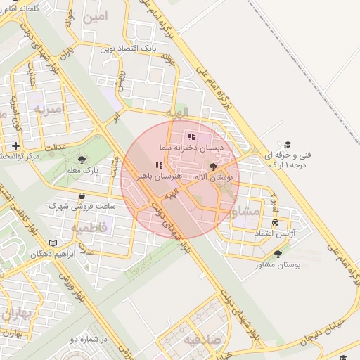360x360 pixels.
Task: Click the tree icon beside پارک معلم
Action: (83, 160)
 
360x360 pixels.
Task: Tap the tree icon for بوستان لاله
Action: (214, 167)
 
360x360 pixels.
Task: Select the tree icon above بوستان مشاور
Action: (278, 254)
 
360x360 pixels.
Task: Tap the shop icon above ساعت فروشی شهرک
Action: (82, 196)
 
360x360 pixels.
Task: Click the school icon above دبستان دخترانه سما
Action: (191, 137)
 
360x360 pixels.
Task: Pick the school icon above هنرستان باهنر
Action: (158, 165)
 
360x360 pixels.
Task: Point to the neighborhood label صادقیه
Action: (203, 340)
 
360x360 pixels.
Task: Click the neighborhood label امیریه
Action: (49, 108)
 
